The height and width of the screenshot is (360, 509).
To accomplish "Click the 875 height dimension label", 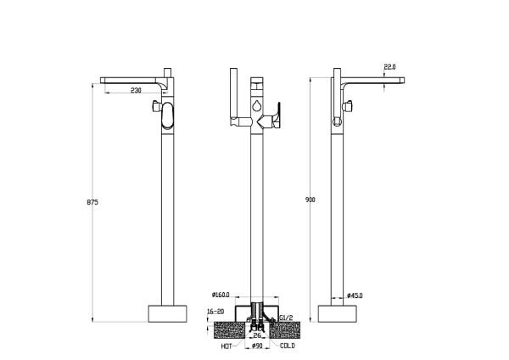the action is pyautogui.click(x=92, y=202).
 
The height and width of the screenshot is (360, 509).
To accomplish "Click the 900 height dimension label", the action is pyautogui.click(x=310, y=200).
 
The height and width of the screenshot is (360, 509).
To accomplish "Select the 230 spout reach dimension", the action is pyautogui.click(x=136, y=90).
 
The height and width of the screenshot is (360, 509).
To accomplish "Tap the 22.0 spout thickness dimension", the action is pyautogui.click(x=389, y=67).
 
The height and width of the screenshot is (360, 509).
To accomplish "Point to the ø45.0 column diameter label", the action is pyautogui.click(x=355, y=295).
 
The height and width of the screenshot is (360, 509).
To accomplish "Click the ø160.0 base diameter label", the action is pyautogui.click(x=221, y=295).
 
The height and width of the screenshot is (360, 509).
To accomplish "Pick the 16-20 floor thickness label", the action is pyautogui.click(x=215, y=312).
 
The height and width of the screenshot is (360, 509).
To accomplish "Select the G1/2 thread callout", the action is pyautogui.click(x=286, y=318).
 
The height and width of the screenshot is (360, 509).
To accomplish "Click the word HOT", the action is pyautogui.click(x=227, y=346).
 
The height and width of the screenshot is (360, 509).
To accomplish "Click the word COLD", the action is pyautogui.click(x=288, y=346).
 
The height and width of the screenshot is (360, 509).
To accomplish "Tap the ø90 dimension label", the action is pyautogui.click(x=257, y=346).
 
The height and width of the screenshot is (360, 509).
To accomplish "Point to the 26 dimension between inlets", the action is pyautogui.click(x=257, y=335).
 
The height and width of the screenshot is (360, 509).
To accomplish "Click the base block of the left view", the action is pyautogui.click(x=167, y=313).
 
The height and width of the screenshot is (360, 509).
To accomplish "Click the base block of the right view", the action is pyautogui.click(x=338, y=313).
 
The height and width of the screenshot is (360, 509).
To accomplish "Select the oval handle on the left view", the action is pyautogui.click(x=167, y=115).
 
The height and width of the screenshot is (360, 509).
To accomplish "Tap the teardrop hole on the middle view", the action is pyautogui.click(x=256, y=105).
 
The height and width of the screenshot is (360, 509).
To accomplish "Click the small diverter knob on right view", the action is pyautogui.click(x=349, y=106).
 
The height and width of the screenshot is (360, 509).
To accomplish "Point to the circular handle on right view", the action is pyautogui.click(x=338, y=122).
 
